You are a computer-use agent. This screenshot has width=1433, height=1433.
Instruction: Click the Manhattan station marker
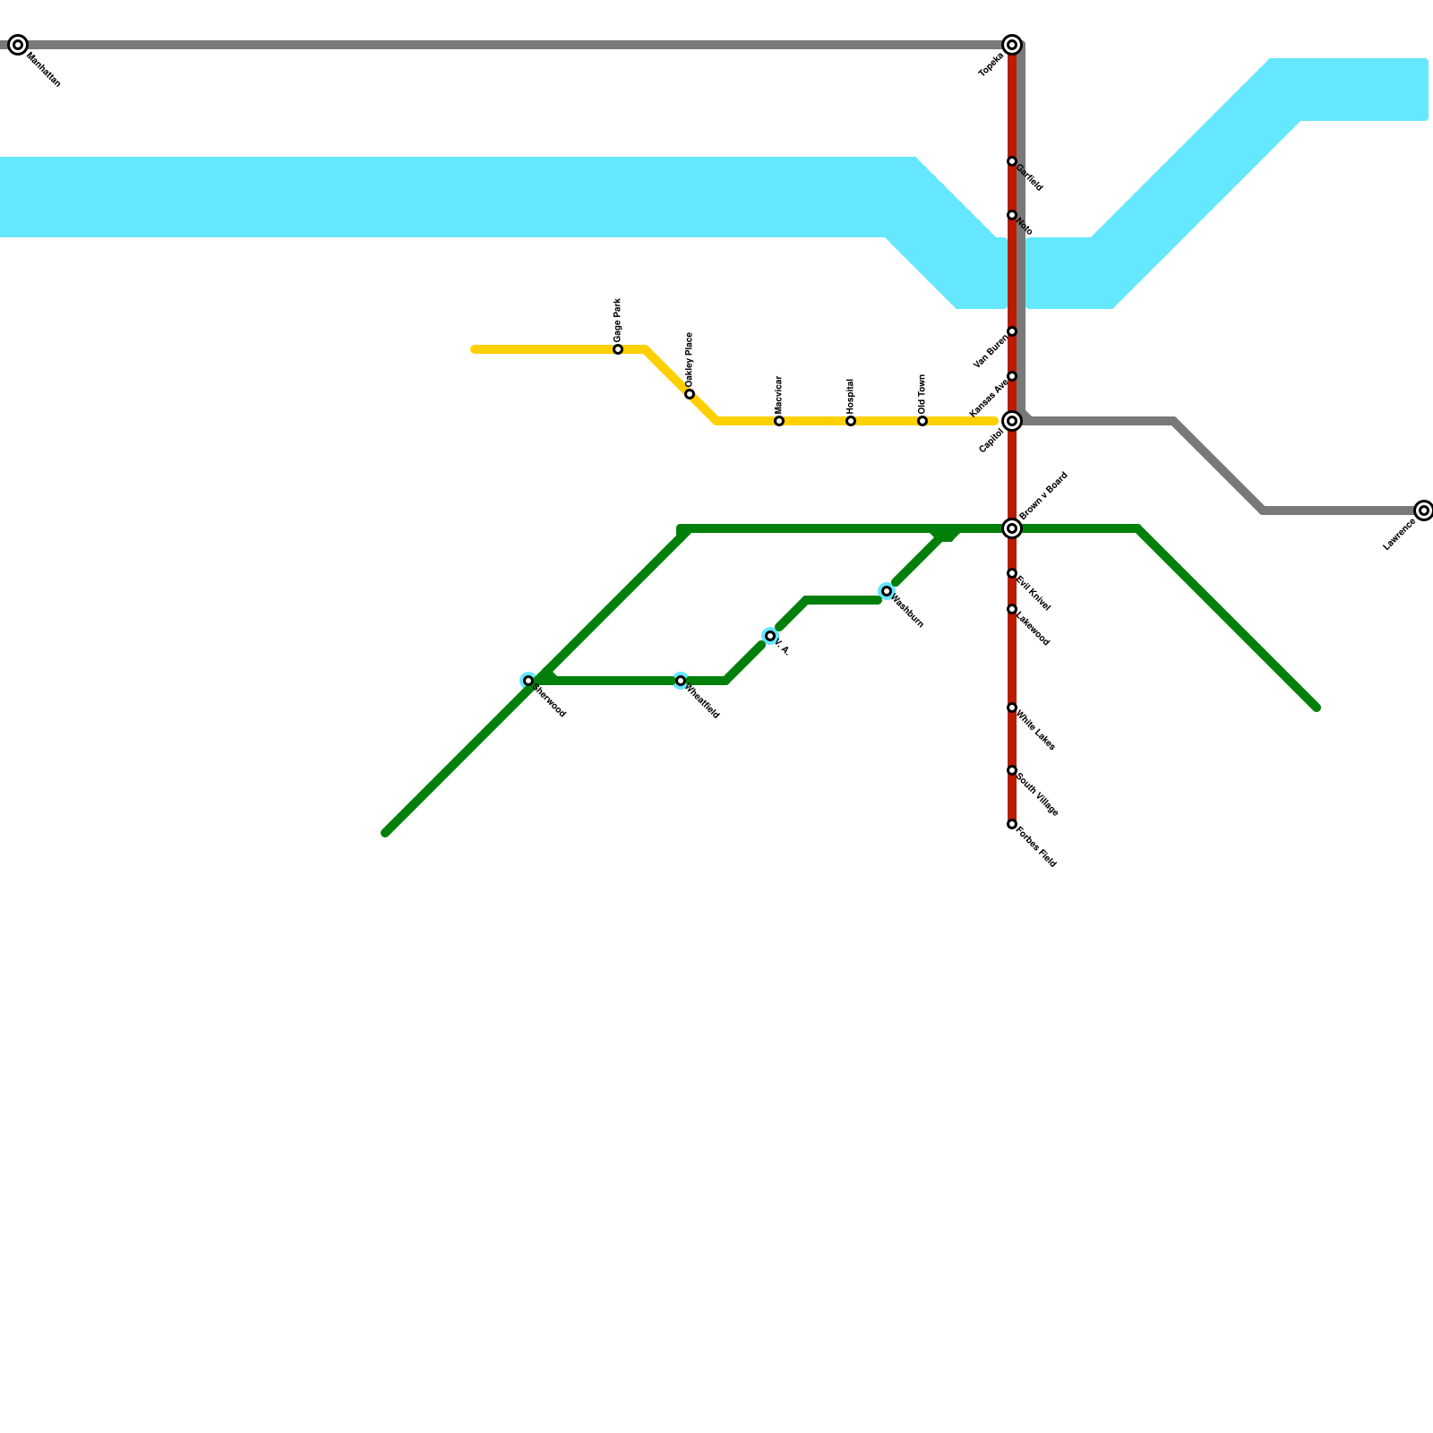(18, 45)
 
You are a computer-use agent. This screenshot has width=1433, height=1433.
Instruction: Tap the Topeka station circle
(1012, 45)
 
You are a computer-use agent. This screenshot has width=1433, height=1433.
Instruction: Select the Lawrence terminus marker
(1424, 511)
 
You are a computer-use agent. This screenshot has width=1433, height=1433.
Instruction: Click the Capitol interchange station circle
(1012, 421)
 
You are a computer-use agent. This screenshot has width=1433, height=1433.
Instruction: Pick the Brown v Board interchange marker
(1012, 528)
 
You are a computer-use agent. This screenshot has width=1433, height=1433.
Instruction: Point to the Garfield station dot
(1012, 161)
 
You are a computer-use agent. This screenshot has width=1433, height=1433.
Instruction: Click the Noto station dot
(1012, 215)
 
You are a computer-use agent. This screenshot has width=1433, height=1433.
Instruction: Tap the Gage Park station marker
(618, 349)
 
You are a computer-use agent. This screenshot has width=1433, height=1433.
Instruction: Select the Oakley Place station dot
(690, 394)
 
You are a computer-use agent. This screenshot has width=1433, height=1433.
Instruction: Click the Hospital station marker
(851, 421)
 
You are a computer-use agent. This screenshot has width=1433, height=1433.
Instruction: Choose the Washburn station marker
(887, 591)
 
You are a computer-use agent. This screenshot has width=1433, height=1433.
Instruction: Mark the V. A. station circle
(770, 636)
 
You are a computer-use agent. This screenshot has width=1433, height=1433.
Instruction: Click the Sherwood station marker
(528, 681)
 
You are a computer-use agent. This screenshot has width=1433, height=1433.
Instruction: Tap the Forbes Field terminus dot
(1012, 824)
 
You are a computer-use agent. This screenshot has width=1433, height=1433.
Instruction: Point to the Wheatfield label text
(703, 701)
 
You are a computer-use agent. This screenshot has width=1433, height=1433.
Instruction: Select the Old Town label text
(922, 394)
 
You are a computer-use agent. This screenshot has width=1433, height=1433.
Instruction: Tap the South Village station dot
(1012, 770)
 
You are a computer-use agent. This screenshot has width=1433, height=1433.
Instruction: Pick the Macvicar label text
(778, 394)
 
